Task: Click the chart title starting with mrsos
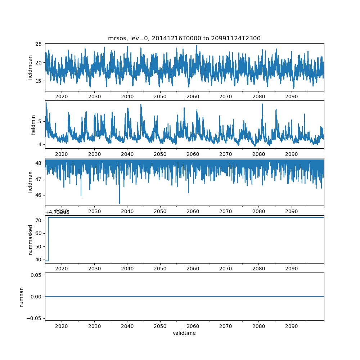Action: [x=184, y=38]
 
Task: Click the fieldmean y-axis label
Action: [x=30, y=67]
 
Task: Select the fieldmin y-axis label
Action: [x=33, y=125]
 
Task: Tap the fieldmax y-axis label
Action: [x=30, y=182]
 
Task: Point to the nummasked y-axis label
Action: [x=30, y=239]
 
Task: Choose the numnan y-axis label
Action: [x=21, y=297]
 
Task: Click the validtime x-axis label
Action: [x=184, y=333]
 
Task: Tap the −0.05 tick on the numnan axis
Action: [x=35, y=318]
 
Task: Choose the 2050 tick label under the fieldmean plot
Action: [x=160, y=96]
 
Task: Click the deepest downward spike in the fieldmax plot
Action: [x=119, y=203]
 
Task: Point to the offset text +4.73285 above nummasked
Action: [x=57, y=212]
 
